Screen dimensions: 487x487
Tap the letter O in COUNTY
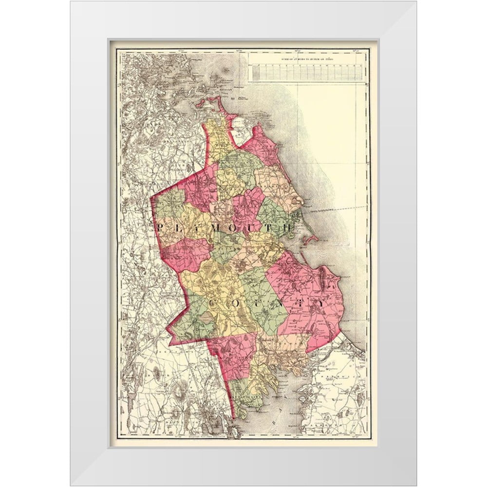236,303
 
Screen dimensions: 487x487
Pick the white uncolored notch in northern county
241,131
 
